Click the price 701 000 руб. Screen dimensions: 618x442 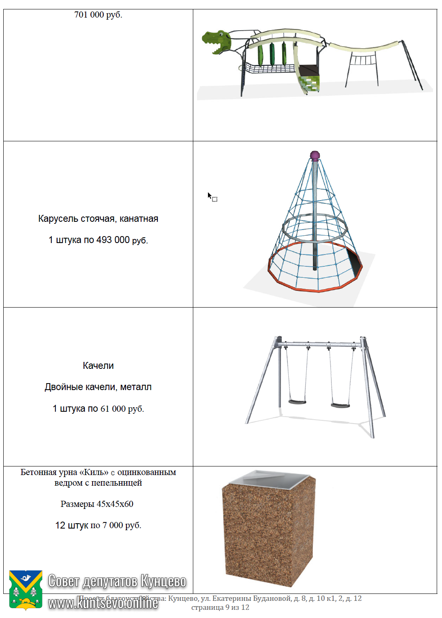[98, 15]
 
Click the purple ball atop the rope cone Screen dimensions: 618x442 [314, 155]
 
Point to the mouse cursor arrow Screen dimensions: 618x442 [209, 196]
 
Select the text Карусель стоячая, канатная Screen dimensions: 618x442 [98, 219]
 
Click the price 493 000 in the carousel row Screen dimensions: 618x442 [113, 240]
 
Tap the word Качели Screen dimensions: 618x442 [98, 366]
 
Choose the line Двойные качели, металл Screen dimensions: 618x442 [98, 387]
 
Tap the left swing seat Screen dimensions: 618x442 [297, 402]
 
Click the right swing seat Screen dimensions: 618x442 [340, 405]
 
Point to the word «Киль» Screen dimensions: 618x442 [94, 472]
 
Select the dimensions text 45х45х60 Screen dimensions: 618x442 [115, 504]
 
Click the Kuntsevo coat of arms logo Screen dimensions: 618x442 [26, 589]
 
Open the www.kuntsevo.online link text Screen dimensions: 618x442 [103, 602]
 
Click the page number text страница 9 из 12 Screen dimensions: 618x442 [220, 607]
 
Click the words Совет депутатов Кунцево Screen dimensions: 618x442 [117, 581]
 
